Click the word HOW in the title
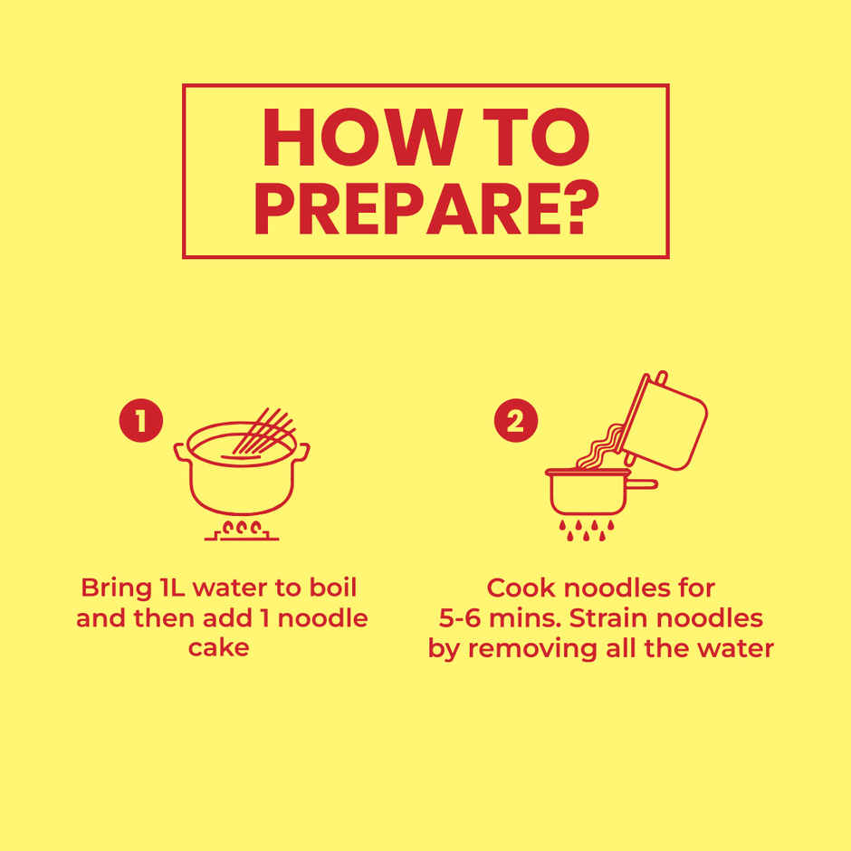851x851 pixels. tap(362, 138)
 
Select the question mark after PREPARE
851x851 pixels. tap(583, 207)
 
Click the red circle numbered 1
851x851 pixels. tap(141, 421)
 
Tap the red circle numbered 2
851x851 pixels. tap(516, 421)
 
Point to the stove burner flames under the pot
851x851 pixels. tap(242, 528)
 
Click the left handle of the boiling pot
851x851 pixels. tap(182, 453)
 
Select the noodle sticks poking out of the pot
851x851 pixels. tap(264, 432)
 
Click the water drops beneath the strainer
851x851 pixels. tap(587, 531)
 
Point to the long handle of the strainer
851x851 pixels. tap(642, 484)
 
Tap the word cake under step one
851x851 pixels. tap(218, 647)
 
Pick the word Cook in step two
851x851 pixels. tap(521, 588)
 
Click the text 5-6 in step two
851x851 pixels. tap(460, 618)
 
